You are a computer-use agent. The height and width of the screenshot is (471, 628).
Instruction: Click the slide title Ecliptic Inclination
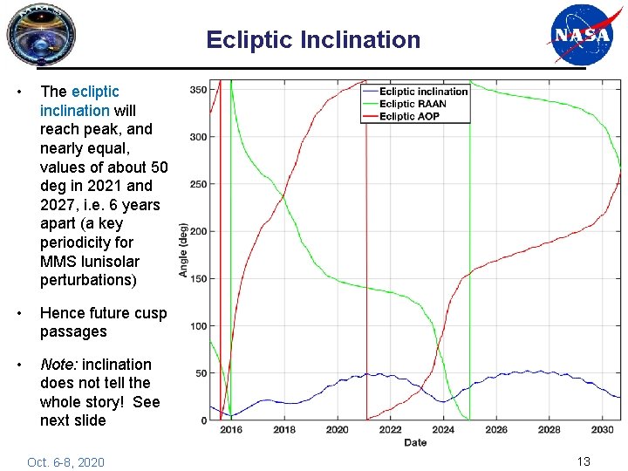[x=313, y=40]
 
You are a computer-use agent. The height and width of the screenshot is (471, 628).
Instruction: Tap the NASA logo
[x=579, y=35]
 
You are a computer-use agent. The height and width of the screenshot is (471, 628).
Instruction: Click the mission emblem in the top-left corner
[x=41, y=34]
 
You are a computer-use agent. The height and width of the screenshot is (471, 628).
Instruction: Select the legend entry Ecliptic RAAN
[x=413, y=104]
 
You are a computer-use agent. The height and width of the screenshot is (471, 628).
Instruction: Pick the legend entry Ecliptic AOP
[x=409, y=116]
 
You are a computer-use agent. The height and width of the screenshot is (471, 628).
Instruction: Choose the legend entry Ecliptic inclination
[x=423, y=92]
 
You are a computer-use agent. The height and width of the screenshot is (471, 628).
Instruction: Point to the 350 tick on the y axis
[x=197, y=90]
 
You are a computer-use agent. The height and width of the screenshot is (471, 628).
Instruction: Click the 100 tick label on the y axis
[x=197, y=326]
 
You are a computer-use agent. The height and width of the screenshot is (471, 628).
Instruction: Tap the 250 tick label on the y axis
[x=197, y=184]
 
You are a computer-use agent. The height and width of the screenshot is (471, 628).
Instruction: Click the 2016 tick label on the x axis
[x=231, y=430]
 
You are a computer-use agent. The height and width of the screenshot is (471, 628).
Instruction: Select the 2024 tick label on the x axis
[x=443, y=430]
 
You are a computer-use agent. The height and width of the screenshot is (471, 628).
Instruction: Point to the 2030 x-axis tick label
[x=602, y=430]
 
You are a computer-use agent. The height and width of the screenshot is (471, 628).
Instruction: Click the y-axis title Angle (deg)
[x=183, y=250]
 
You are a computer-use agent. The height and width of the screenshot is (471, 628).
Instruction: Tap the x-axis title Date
[x=415, y=442]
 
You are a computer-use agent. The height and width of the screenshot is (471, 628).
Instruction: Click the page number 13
[x=584, y=461]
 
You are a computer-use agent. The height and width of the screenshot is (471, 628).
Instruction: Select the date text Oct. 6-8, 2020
[x=65, y=462]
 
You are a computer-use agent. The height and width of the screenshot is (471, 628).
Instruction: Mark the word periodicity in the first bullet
[x=77, y=242]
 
